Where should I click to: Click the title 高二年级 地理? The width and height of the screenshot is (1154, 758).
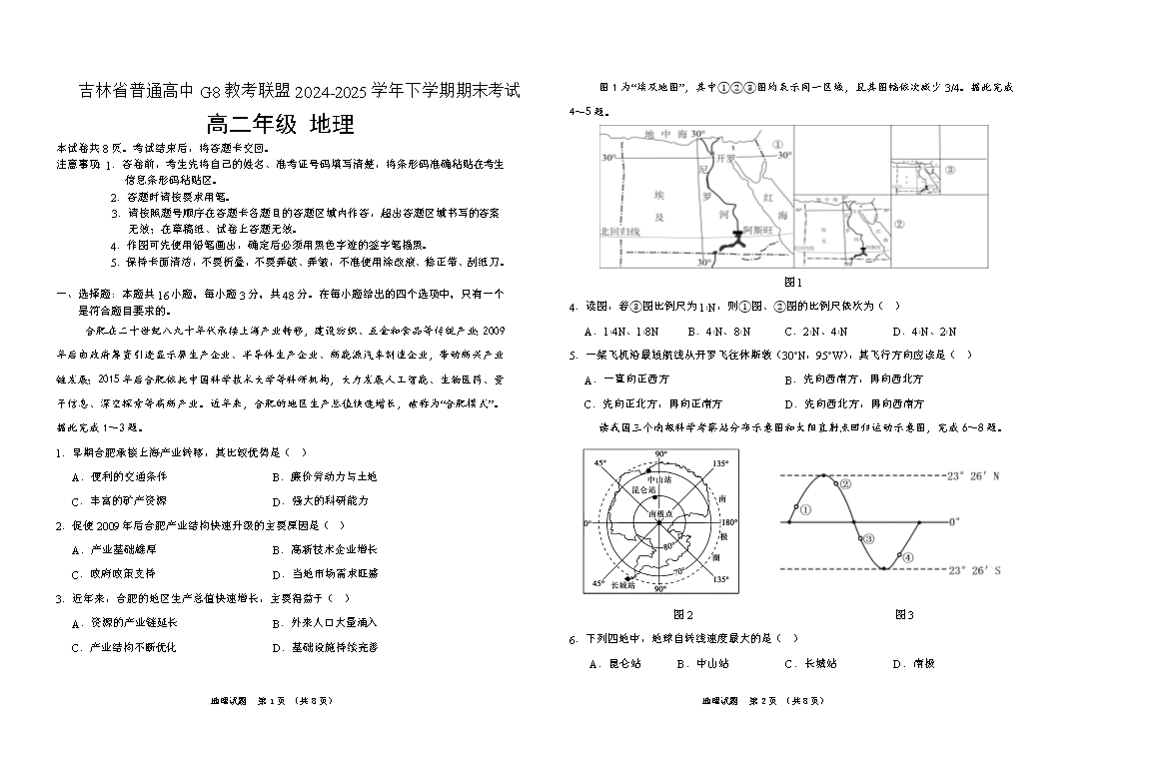point(280,125)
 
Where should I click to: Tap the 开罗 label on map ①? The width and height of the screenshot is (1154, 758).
point(726,157)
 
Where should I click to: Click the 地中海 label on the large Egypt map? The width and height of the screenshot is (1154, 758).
point(662,135)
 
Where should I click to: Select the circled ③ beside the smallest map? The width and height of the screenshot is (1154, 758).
point(949,170)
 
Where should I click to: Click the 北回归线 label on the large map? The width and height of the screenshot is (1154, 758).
point(619,231)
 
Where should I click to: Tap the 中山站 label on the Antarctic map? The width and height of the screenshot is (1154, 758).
point(659,480)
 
